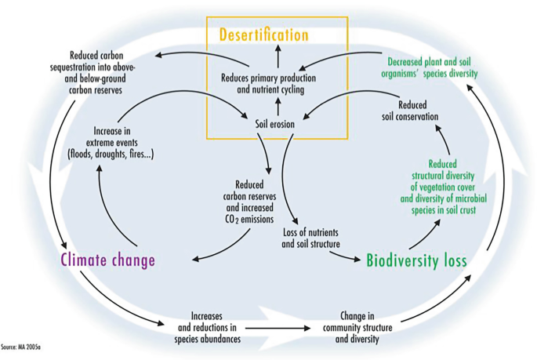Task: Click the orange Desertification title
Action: pyautogui.click(x=263, y=35)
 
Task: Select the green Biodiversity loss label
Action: pyautogui.click(x=416, y=260)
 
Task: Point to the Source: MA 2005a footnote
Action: pyautogui.click(x=21, y=346)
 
